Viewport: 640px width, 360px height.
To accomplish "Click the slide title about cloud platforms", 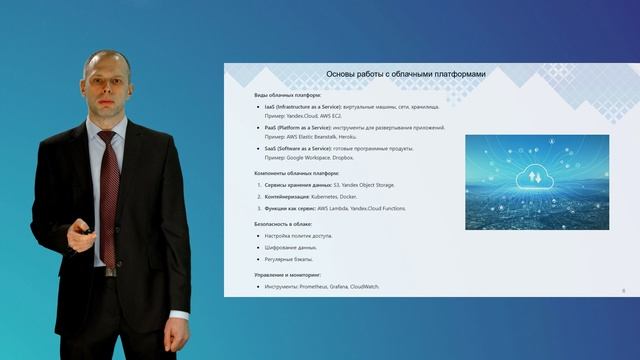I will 410,74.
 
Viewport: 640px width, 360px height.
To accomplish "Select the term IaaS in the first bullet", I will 270,106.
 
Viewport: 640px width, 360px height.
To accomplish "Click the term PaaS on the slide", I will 271,128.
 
